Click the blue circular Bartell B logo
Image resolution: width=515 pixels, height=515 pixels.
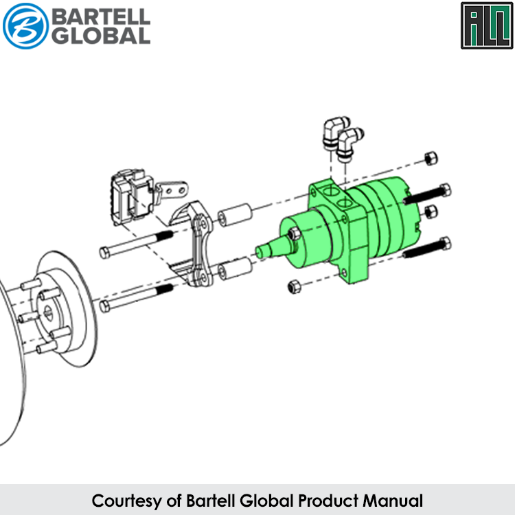coord(25,26)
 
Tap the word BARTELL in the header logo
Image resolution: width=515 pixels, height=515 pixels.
coord(101,16)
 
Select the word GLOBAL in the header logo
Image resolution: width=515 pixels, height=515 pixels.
coord(101,36)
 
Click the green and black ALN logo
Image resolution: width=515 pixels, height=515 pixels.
coord(487,25)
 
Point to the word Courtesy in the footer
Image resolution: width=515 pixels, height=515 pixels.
coord(127,501)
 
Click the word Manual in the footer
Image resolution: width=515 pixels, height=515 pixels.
coord(393,501)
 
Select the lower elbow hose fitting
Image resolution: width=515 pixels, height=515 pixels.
coord(350,144)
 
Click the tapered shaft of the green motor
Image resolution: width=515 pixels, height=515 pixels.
coord(273,247)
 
